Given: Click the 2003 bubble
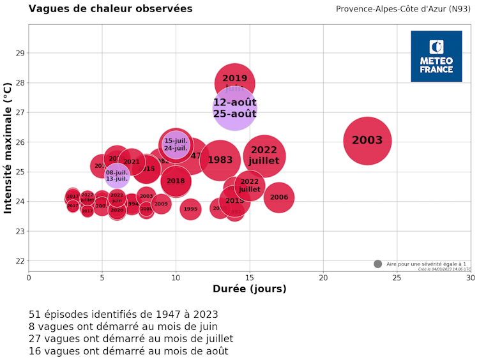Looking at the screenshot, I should point(367,141).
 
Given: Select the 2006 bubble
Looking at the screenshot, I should point(279,198).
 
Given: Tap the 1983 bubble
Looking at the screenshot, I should point(220,160).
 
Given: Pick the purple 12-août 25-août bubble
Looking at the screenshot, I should point(235,108).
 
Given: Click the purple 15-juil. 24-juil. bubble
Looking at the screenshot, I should point(176,144).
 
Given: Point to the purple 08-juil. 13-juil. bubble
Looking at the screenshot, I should point(117,176).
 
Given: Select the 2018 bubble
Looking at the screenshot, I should point(176,181).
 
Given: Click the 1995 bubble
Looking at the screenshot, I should point(190,209).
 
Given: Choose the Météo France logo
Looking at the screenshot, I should point(436,56).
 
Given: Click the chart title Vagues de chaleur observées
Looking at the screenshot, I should point(110,9).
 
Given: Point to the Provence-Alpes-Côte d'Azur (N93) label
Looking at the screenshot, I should point(404,9).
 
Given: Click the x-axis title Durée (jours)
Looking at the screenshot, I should point(249,289).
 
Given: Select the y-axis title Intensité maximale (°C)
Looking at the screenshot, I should point(8,147).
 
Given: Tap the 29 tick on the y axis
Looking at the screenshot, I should point(20,53).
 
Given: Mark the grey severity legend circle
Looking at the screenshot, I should point(377,264).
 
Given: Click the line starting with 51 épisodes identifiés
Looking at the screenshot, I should point(123,314).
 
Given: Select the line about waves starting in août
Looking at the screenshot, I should point(128,350).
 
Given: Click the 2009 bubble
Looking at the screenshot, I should point(161,204).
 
